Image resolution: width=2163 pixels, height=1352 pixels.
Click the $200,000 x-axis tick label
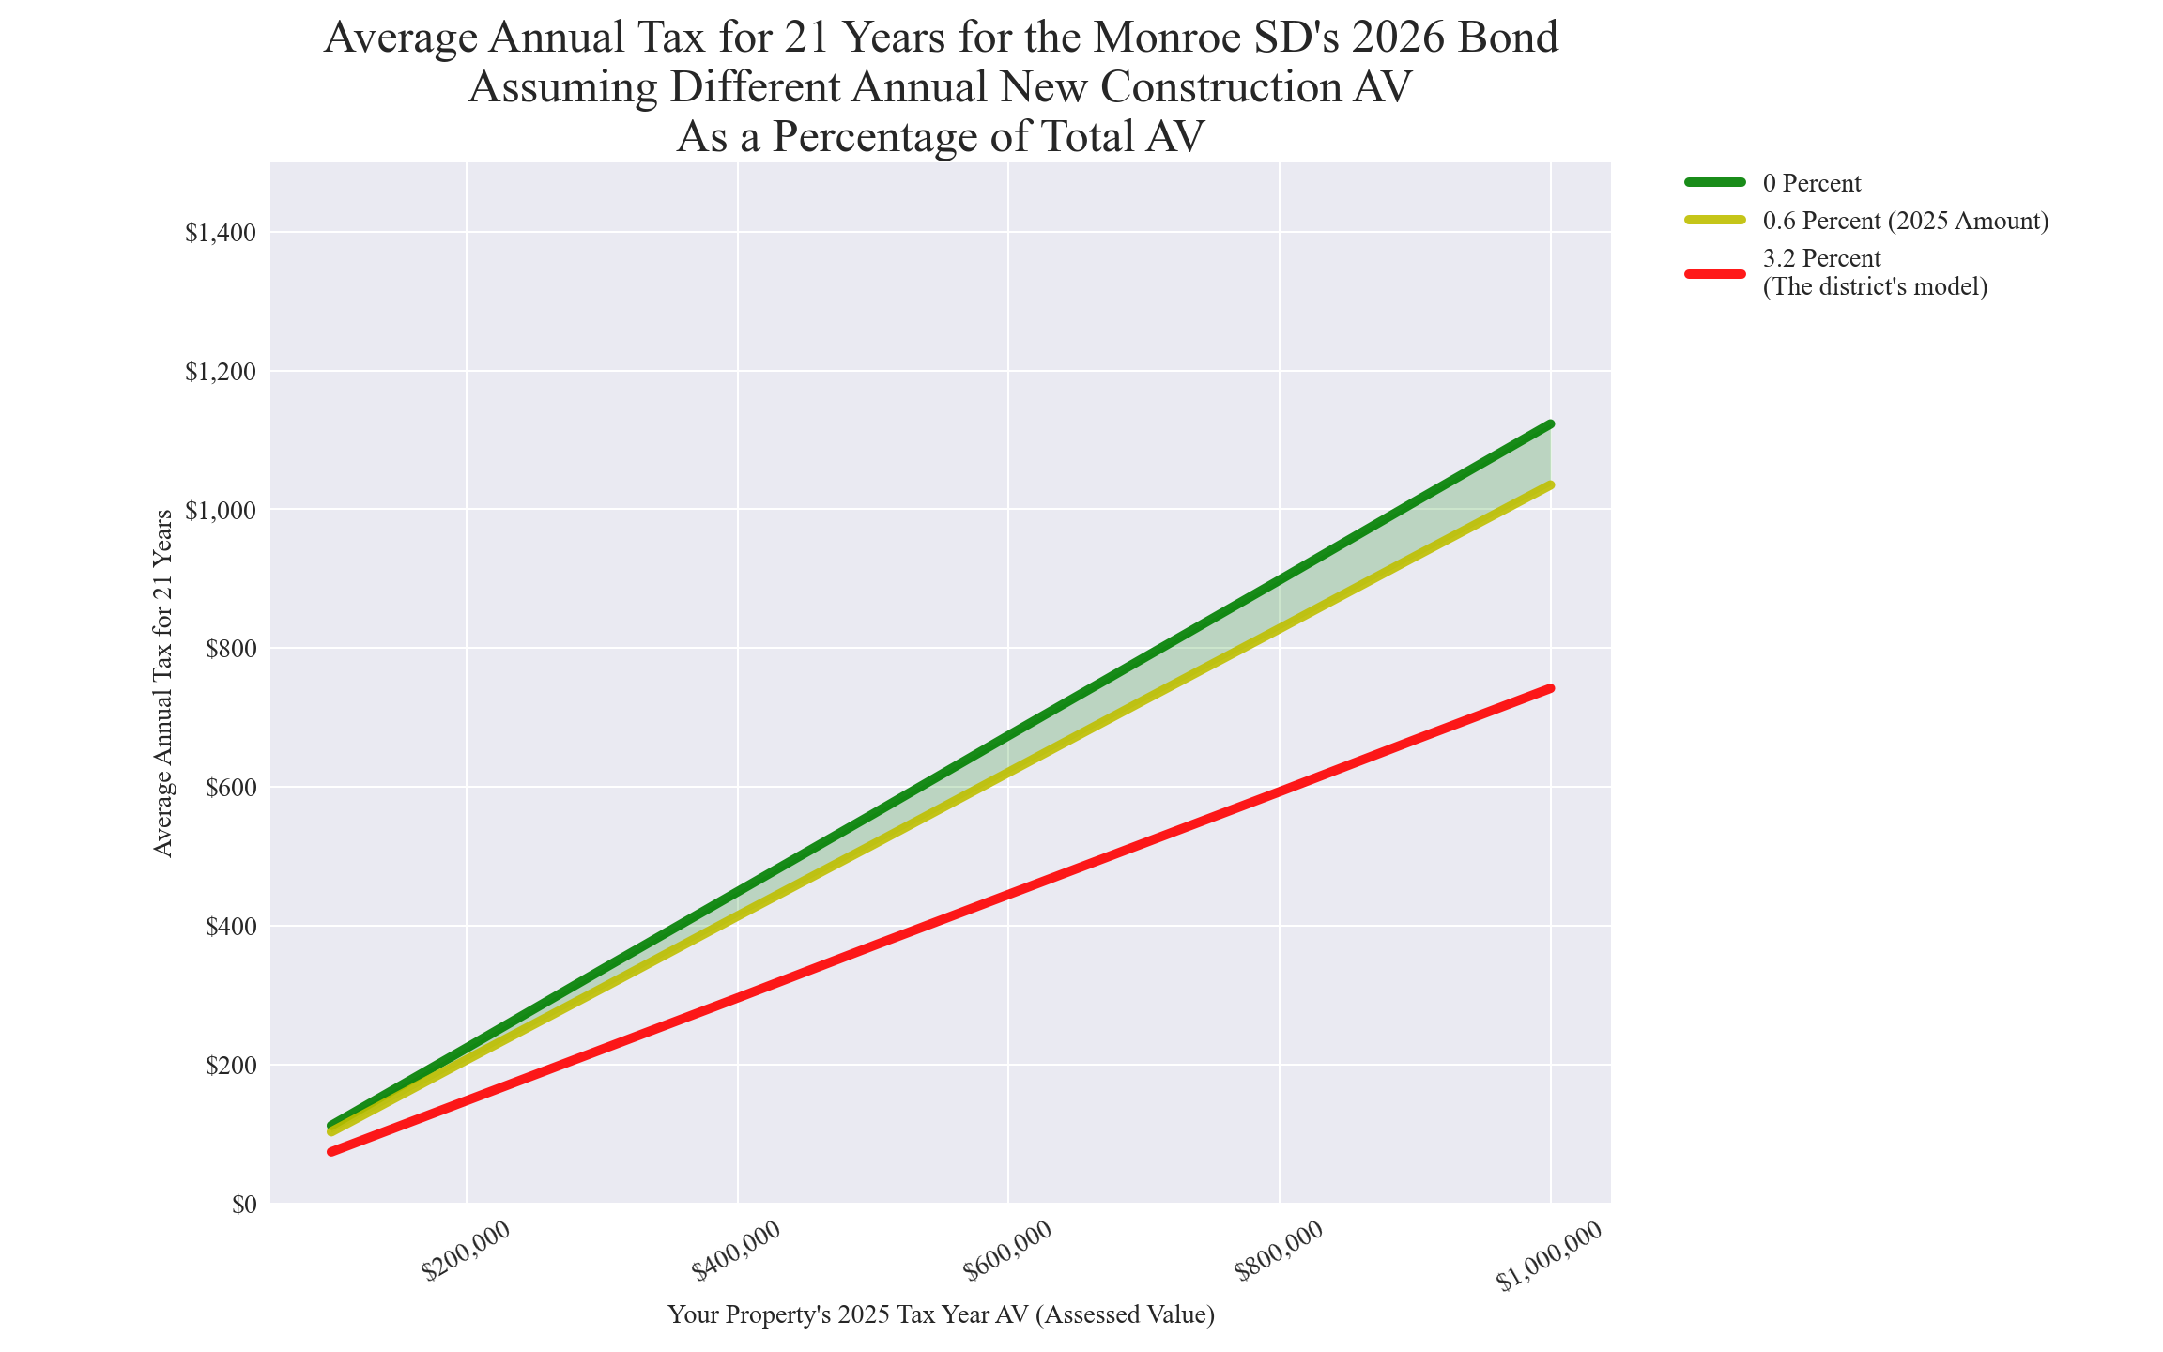467,1251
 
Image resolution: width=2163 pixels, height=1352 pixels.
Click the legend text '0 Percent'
1812,183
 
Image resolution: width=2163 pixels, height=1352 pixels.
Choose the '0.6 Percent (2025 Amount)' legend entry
1906,222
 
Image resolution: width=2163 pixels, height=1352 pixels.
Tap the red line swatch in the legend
1715,273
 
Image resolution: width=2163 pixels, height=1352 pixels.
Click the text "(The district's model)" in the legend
1875,287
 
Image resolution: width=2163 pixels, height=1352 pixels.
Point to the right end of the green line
1550,424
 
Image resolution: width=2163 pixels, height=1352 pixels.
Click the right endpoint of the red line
1550,689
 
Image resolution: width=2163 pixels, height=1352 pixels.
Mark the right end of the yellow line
1550,485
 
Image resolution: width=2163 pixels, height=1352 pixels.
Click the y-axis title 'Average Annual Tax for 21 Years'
163,684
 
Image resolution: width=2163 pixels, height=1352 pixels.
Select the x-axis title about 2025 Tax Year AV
941,1314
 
